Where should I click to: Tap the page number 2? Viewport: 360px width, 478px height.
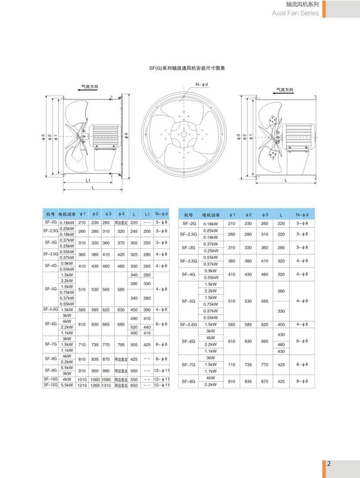[x=329, y=464]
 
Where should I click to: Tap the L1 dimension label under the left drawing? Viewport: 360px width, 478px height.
[x=88, y=180]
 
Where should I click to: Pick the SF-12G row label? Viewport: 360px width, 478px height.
[x=51, y=385]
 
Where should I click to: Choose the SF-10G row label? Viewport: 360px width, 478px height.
[x=51, y=379]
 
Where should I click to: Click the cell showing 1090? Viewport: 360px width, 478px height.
[x=106, y=379]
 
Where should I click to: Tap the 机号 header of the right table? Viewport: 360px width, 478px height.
[x=189, y=215]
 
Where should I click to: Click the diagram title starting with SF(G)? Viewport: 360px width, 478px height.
[x=180, y=67]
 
